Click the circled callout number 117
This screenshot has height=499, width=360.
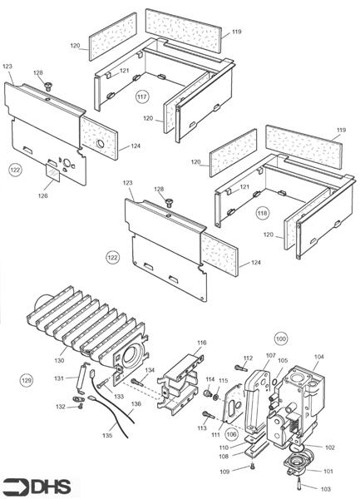[143, 97]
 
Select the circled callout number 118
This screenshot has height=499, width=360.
[264, 212]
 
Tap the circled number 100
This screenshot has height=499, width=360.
[281, 339]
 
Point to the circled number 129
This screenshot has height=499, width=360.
[27, 379]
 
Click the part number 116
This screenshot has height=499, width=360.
[201, 342]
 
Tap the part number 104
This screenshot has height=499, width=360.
[319, 355]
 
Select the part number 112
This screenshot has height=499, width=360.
[246, 358]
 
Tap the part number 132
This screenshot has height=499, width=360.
[60, 407]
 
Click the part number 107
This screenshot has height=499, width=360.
[270, 355]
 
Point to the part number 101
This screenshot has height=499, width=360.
[328, 472]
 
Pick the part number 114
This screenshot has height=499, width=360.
[210, 379]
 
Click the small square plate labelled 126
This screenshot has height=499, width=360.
[52, 175]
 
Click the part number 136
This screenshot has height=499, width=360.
[136, 404]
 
